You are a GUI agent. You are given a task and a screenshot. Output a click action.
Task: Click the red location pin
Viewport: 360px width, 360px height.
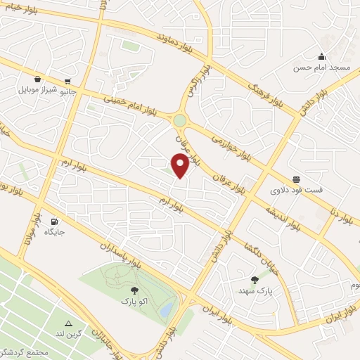pos(180,166)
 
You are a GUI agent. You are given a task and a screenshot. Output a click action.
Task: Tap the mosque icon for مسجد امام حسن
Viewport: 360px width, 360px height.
pos(322,57)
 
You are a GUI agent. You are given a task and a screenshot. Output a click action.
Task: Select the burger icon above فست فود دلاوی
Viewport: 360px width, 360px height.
pos(296,179)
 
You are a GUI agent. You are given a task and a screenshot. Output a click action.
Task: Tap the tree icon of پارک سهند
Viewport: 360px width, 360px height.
pos(255,280)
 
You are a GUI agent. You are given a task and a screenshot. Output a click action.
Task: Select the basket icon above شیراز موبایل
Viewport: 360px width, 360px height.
pos(37,79)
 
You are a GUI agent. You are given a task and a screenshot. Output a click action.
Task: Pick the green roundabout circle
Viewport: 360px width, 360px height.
pos(180,121)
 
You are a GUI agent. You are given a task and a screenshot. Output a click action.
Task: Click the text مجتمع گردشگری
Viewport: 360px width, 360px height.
pos(25,351)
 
